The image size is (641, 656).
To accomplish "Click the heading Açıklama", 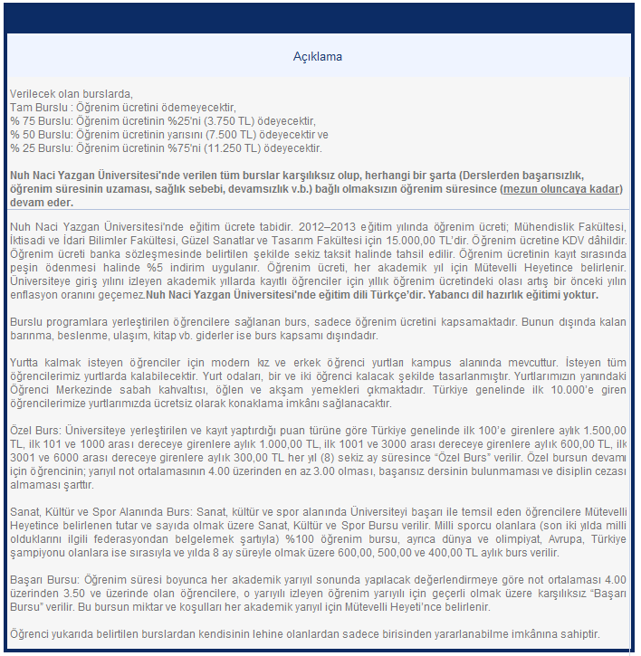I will click(317, 57).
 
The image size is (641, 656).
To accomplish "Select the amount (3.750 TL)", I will click(235, 120).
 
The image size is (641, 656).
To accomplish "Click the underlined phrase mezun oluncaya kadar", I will click(561, 188).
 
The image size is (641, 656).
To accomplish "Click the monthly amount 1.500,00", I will click(600, 433).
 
